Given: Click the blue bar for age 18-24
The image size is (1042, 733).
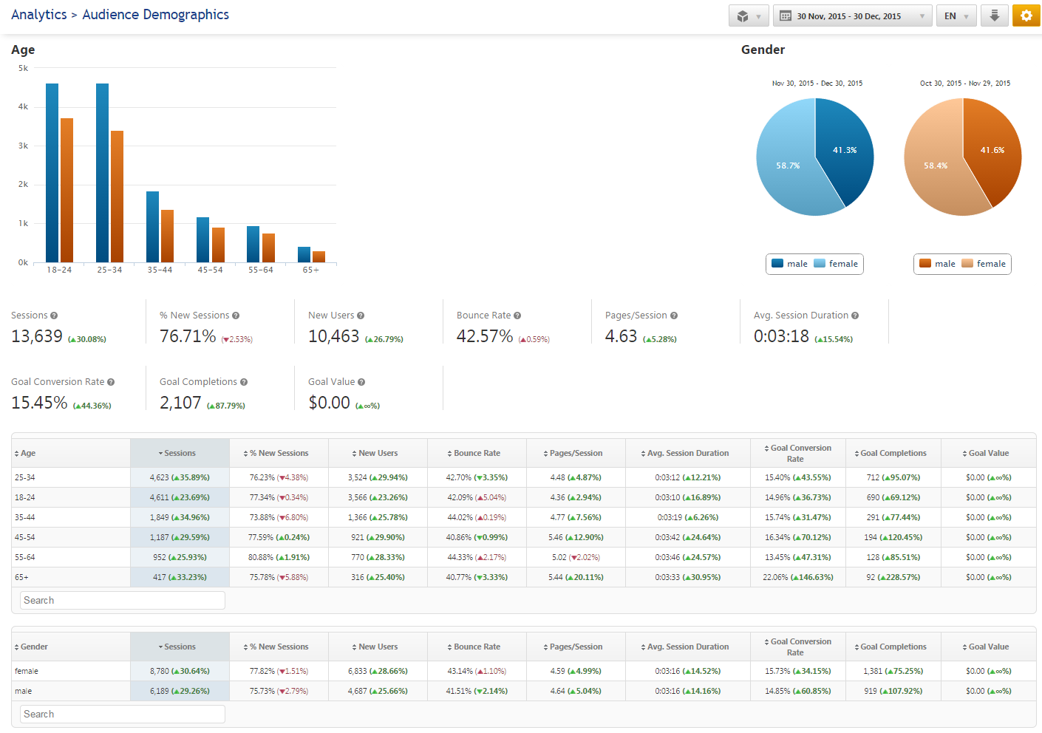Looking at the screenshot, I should pos(52,173).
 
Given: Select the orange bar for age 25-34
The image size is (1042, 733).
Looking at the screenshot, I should pos(117,197).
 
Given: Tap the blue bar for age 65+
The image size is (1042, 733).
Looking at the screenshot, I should pos(304,254).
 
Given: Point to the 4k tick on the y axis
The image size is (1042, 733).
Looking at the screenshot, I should pos(23,107).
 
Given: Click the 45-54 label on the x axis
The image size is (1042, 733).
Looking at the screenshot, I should pos(210,270).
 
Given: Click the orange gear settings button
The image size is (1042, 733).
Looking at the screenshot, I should pos(1026,16).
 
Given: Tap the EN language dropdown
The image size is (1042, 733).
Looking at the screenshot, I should pos(956,16).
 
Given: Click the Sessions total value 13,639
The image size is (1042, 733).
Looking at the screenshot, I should pos(37,337).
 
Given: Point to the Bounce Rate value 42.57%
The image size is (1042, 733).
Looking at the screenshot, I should pos(485,337).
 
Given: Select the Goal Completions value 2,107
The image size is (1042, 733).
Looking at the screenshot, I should pos(180,403).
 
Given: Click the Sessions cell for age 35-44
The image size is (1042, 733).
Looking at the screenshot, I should pos(180,518).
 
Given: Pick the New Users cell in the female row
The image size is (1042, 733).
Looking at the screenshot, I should pos(378,672).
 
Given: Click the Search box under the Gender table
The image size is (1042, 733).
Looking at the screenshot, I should pos(123,715).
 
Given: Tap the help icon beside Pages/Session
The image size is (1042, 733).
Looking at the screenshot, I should pos(674,316).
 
